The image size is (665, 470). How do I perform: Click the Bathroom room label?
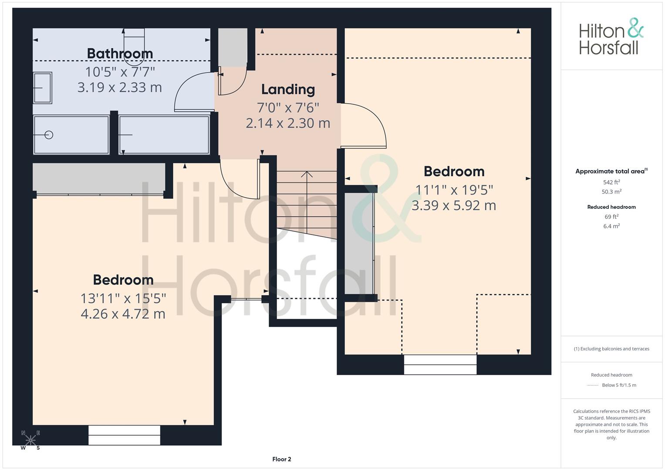pos(120,54)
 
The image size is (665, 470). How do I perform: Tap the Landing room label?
pos(288,90)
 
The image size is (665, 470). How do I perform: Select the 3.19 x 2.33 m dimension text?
pos(120,87)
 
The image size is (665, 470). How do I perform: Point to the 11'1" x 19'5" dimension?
pos(454,190)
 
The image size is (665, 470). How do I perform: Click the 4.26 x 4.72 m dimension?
pos(123,314)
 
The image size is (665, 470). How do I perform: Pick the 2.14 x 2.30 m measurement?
pos(288,123)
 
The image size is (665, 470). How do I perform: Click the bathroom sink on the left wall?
pos(42,88)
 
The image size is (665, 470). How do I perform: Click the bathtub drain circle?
pos(49,135)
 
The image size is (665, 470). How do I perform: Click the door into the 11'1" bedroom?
pos(364,125)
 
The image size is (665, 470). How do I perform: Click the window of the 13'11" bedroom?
pos(125,435)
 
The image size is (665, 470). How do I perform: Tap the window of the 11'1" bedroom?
pos(440,365)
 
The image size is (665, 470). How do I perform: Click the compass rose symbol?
pos(30,440)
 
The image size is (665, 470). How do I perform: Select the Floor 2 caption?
pos(282,459)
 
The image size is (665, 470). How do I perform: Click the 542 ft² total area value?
pos(611,182)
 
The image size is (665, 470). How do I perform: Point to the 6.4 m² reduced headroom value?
pos(611,226)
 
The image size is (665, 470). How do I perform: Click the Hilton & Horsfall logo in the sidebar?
pos(611,37)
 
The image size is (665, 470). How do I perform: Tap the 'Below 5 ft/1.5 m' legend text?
pos(619,385)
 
